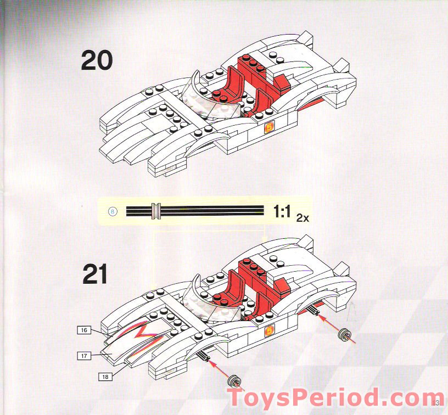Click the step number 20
(x=97, y=60)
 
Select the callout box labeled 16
(x=83, y=330)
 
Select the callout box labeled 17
(x=84, y=356)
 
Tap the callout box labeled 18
(x=104, y=377)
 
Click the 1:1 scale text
(x=282, y=211)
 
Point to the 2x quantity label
(x=303, y=218)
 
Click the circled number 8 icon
(x=114, y=211)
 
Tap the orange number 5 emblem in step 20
(x=269, y=128)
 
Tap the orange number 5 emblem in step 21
(x=269, y=331)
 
